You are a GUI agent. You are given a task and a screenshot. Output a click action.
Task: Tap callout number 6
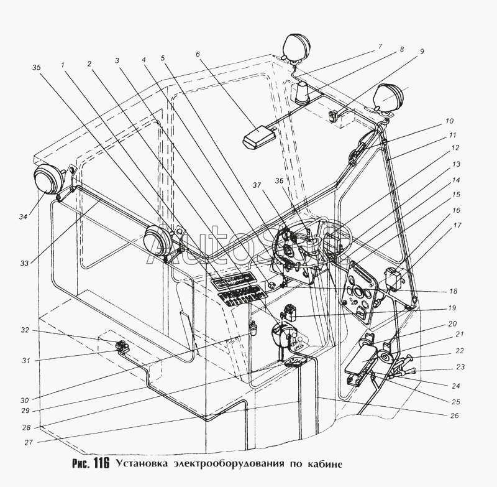[198, 54]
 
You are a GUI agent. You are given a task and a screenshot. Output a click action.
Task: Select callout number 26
[455, 415]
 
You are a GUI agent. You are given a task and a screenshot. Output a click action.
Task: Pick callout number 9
[422, 51]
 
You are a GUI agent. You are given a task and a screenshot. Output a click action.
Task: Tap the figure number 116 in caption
[99, 463]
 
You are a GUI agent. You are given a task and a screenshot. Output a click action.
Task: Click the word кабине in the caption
[324, 463]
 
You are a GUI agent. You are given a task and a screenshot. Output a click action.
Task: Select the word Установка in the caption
[141, 463]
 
